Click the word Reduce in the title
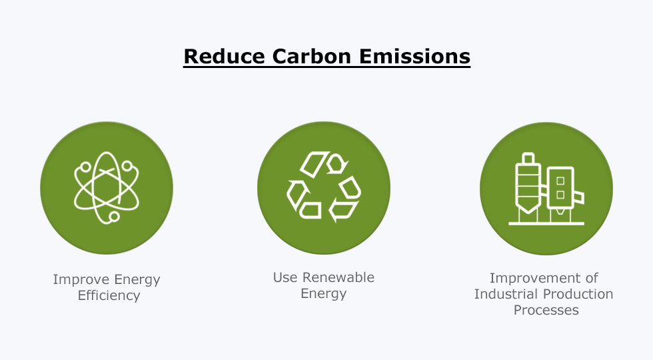(x=224, y=56)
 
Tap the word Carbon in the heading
(x=312, y=56)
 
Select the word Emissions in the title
(x=414, y=56)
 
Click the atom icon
(x=107, y=188)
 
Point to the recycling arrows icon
(x=324, y=187)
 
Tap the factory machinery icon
(x=546, y=189)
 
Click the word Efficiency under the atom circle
(x=109, y=295)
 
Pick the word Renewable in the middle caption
(x=338, y=277)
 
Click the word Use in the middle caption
(x=285, y=277)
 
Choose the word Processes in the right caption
(x=546, y=311)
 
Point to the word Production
(x=574, y=294)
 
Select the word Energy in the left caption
(x=137, y=280)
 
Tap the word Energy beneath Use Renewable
(x=324, y=294)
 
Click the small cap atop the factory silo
(x=528, y=158)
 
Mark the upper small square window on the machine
(x=560, y=181)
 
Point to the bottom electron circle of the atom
(x=114, y=216)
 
